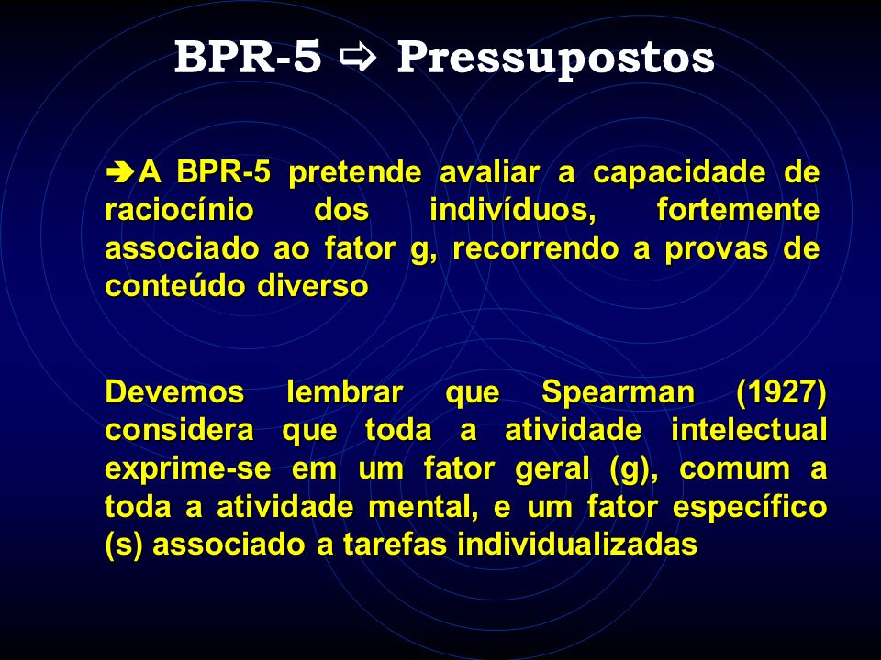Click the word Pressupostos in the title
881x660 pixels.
pyautogui.click(x=555, y=59)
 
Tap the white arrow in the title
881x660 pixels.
pyautogui.click(x=359, y=58)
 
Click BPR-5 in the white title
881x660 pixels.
pyautogui.click(x=248, y=57)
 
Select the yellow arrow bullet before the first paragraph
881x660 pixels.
pyautogui.click(x=120, y=171)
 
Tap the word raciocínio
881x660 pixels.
pyautogui.click(x=179, y=211)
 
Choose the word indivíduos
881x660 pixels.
pyautogui.click(x=512, y=211)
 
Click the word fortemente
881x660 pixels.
pyautogui.click(x=738, y=211)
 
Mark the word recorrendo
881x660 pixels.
pyautogui.click(x=535, y=248)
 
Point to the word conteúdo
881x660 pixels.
pyautogui.click(x=175, y=286)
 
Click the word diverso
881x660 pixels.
pyautogui.click(x=312, y=286)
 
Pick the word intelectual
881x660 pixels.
pyautogui.click(x=749, y=431)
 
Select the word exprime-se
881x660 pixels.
pyautogui.click(x=187, y=469)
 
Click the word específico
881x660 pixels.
pyautogui.click(x=750, y=507)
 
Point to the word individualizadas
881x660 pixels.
pyautogui.click(x=577, y=544)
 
